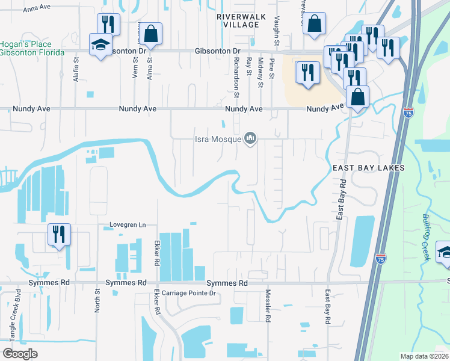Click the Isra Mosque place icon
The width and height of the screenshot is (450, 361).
[250, 140]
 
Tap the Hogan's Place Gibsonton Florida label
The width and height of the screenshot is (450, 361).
[32, 49]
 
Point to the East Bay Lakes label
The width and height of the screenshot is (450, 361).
[368, 168]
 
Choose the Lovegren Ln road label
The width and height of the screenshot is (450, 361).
[128, 225]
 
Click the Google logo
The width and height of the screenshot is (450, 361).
[20, 354]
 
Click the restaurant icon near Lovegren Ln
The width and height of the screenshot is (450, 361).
[59, 233]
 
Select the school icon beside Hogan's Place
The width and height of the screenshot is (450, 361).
[100, 45]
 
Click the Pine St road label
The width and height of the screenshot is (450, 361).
[272, 73]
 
